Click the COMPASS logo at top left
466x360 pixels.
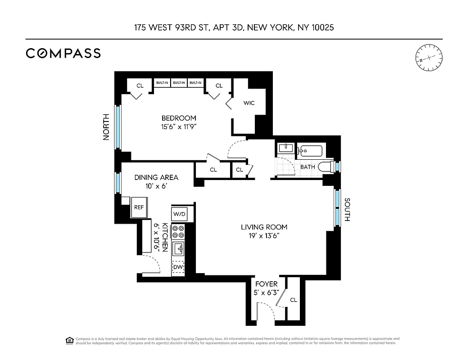63,53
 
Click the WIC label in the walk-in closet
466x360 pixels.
249,103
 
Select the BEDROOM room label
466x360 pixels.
179,118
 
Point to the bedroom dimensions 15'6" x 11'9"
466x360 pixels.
179,126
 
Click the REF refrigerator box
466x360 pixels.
139,207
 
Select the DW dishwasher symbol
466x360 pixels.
179,267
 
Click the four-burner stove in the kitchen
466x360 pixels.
179,231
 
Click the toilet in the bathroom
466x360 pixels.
325,167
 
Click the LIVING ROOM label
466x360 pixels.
264,227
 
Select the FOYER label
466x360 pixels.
267,284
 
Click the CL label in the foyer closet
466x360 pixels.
293,300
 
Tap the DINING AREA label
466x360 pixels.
156,177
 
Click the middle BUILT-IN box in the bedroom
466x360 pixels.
179,83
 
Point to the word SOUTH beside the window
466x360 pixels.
347,210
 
